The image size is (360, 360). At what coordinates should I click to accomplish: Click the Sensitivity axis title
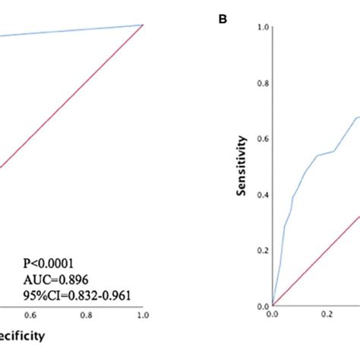(x=242, y=166)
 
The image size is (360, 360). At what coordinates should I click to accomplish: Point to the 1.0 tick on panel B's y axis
(x=263, y=27)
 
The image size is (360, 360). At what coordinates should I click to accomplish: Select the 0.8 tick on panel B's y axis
(x=263, y=83)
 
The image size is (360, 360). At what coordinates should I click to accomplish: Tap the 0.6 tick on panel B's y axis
(x=263, y=139)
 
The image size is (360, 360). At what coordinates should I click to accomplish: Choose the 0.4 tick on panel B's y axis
(x=263, y=194)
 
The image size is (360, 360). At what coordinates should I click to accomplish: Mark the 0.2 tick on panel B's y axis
(x=263, y=251)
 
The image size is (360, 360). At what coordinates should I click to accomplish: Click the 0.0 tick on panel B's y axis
(x=263, y=306)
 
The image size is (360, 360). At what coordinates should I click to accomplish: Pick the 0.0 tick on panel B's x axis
(x=273, y=313)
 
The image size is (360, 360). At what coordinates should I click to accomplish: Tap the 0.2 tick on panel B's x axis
(x=328, y=313)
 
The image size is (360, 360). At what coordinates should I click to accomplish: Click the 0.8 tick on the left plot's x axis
(x=87, y=313)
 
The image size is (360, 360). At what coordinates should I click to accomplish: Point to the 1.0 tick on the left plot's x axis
(x=142, y=313)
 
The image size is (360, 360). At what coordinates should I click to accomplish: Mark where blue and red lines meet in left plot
(x=142, y=25)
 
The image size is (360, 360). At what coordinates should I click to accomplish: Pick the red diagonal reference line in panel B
(x=319, y=259)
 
